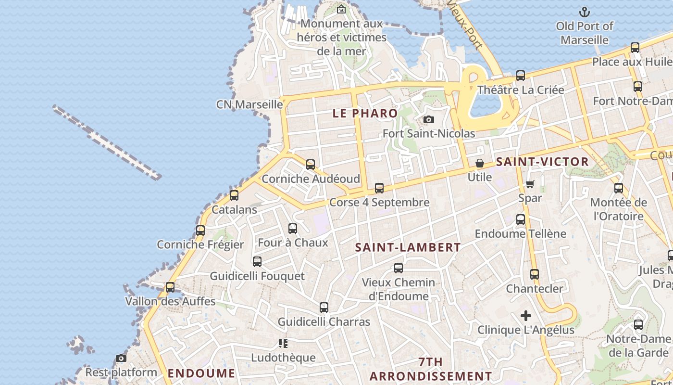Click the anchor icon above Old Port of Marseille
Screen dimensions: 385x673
pos(585,12)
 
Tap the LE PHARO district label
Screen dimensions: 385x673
pos(365,114)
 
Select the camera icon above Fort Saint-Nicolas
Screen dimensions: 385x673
pos(428,119)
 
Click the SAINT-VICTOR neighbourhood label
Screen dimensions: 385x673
pos(542,162)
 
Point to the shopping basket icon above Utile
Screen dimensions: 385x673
pos(480,164)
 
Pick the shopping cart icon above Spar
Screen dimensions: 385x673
pos(530,184)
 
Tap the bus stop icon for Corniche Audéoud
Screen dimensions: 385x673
pos(311,165)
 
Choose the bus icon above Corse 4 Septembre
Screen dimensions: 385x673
pos(379,188)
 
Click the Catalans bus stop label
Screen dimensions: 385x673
pos(235,210)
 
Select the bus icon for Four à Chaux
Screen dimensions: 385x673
pos(293,229)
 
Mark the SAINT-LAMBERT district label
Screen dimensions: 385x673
pos(408,248)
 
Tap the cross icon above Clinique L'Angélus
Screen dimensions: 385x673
pos(526,316)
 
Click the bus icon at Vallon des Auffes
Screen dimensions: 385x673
pos(170,287)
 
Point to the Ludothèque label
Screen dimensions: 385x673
pos(284,358)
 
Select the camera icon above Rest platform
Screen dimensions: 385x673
pos(121,358)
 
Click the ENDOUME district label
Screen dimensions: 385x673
pos(201,373)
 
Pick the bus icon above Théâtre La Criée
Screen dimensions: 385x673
pos(521,76)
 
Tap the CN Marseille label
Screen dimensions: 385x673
pos(249,104)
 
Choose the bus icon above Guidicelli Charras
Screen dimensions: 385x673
pos(324,308)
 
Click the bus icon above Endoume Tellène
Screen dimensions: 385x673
pos(521,220)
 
